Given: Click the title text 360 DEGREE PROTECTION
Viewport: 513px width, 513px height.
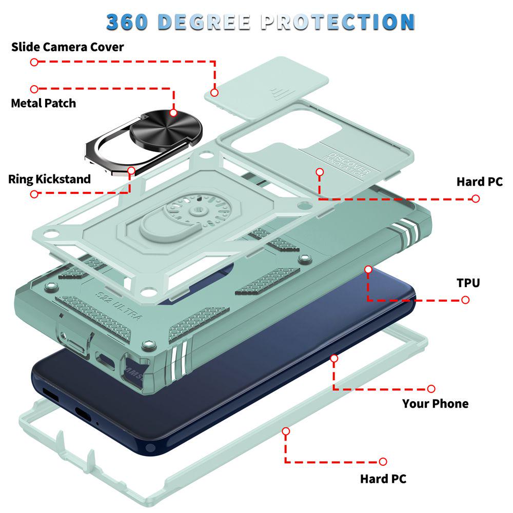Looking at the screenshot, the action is click(x=261, y=22).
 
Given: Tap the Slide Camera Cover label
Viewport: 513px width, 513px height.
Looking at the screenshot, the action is click(x=67, y=47).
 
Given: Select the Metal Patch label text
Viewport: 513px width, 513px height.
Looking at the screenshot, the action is click(x=44, y=103).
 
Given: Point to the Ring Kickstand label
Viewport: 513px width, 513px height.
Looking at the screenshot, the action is click(x=49, y=179).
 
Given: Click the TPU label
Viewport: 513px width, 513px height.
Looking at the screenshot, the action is click(x=468, y=283).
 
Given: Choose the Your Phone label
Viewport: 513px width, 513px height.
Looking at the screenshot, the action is click(x=435, y=403).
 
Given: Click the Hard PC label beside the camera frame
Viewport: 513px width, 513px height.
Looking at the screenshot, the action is click(x=480, y=182).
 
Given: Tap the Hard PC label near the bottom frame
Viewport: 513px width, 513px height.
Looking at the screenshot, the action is click(x=383, y=479).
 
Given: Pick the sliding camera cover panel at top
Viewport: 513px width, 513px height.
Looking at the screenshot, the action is click(x=267, y=88).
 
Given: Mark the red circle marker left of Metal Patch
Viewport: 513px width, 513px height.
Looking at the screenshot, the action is click(x=34, y=89).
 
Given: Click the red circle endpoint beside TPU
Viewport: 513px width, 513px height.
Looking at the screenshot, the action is click(x=465, y=300).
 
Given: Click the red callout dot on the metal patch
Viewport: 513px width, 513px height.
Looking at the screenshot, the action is click(x=173, y=113).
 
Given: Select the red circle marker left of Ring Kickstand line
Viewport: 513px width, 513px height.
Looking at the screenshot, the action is click(x=34, y=194).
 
